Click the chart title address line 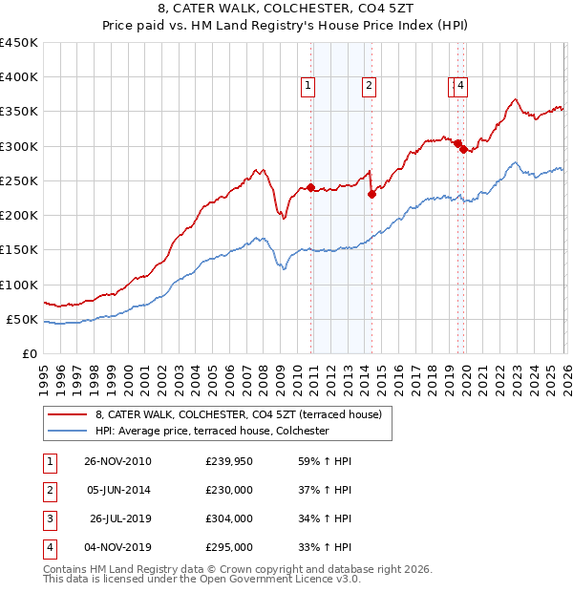point(286,10)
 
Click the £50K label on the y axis point(23,319)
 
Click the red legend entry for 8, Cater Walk point(239,414)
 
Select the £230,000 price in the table point(229,491)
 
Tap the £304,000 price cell point(229,519)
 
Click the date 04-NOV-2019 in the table point(117,548)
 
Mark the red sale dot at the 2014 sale point(371,195)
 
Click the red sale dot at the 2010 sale point(311,188)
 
